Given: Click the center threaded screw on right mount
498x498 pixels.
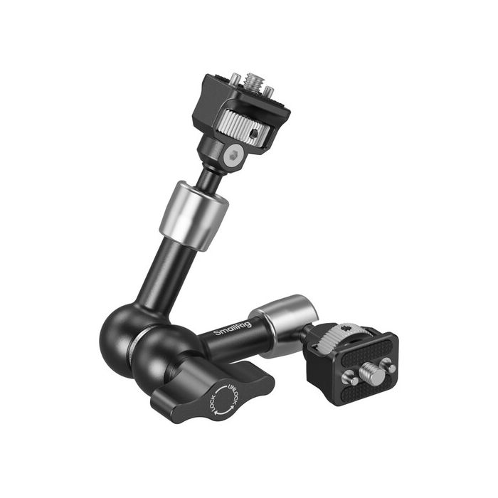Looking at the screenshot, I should click(x=370, y=371).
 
